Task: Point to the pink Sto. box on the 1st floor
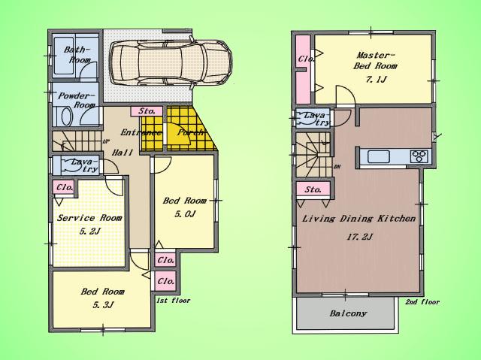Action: (x=147, y=111)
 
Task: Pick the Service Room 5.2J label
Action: (x=89, y=224)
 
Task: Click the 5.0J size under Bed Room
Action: (x=184, y=214)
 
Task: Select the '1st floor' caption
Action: (x=173, y=301)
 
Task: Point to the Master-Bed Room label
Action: (x=375, y=59)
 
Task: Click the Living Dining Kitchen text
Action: (x=358, y=218)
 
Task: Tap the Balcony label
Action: (x=346, y=313)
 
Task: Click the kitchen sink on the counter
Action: (x=377, y=156)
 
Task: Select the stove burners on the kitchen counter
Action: (x=418, y=156)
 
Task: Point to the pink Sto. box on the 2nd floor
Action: (x=313, y=190)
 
